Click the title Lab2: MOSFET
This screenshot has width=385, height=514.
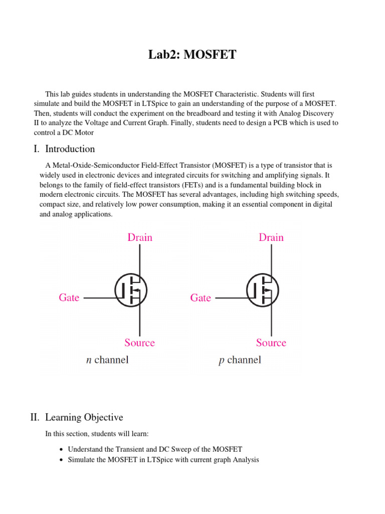click(192, 55)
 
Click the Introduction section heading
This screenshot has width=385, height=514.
click(70, 149)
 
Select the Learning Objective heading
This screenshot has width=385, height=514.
click(84, 417)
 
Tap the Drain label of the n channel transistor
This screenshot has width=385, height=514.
click(140, 237)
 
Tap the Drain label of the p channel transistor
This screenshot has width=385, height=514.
click(271, 237)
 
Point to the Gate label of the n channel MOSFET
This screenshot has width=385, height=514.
click(69, 298)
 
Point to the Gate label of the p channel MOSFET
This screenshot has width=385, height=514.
click(201, 298)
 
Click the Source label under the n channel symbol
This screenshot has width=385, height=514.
click(139, 343)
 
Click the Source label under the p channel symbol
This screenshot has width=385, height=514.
click(271, 343)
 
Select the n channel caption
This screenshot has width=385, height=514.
click(107, 360)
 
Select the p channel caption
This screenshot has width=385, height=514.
click(240, 360)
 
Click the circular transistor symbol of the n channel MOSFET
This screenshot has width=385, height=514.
click(131, 290)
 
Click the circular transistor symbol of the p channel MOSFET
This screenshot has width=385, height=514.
click(262, 290)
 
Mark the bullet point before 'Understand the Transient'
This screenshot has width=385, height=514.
click(61, 450)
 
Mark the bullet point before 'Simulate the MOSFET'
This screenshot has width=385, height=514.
click(61, 460)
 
